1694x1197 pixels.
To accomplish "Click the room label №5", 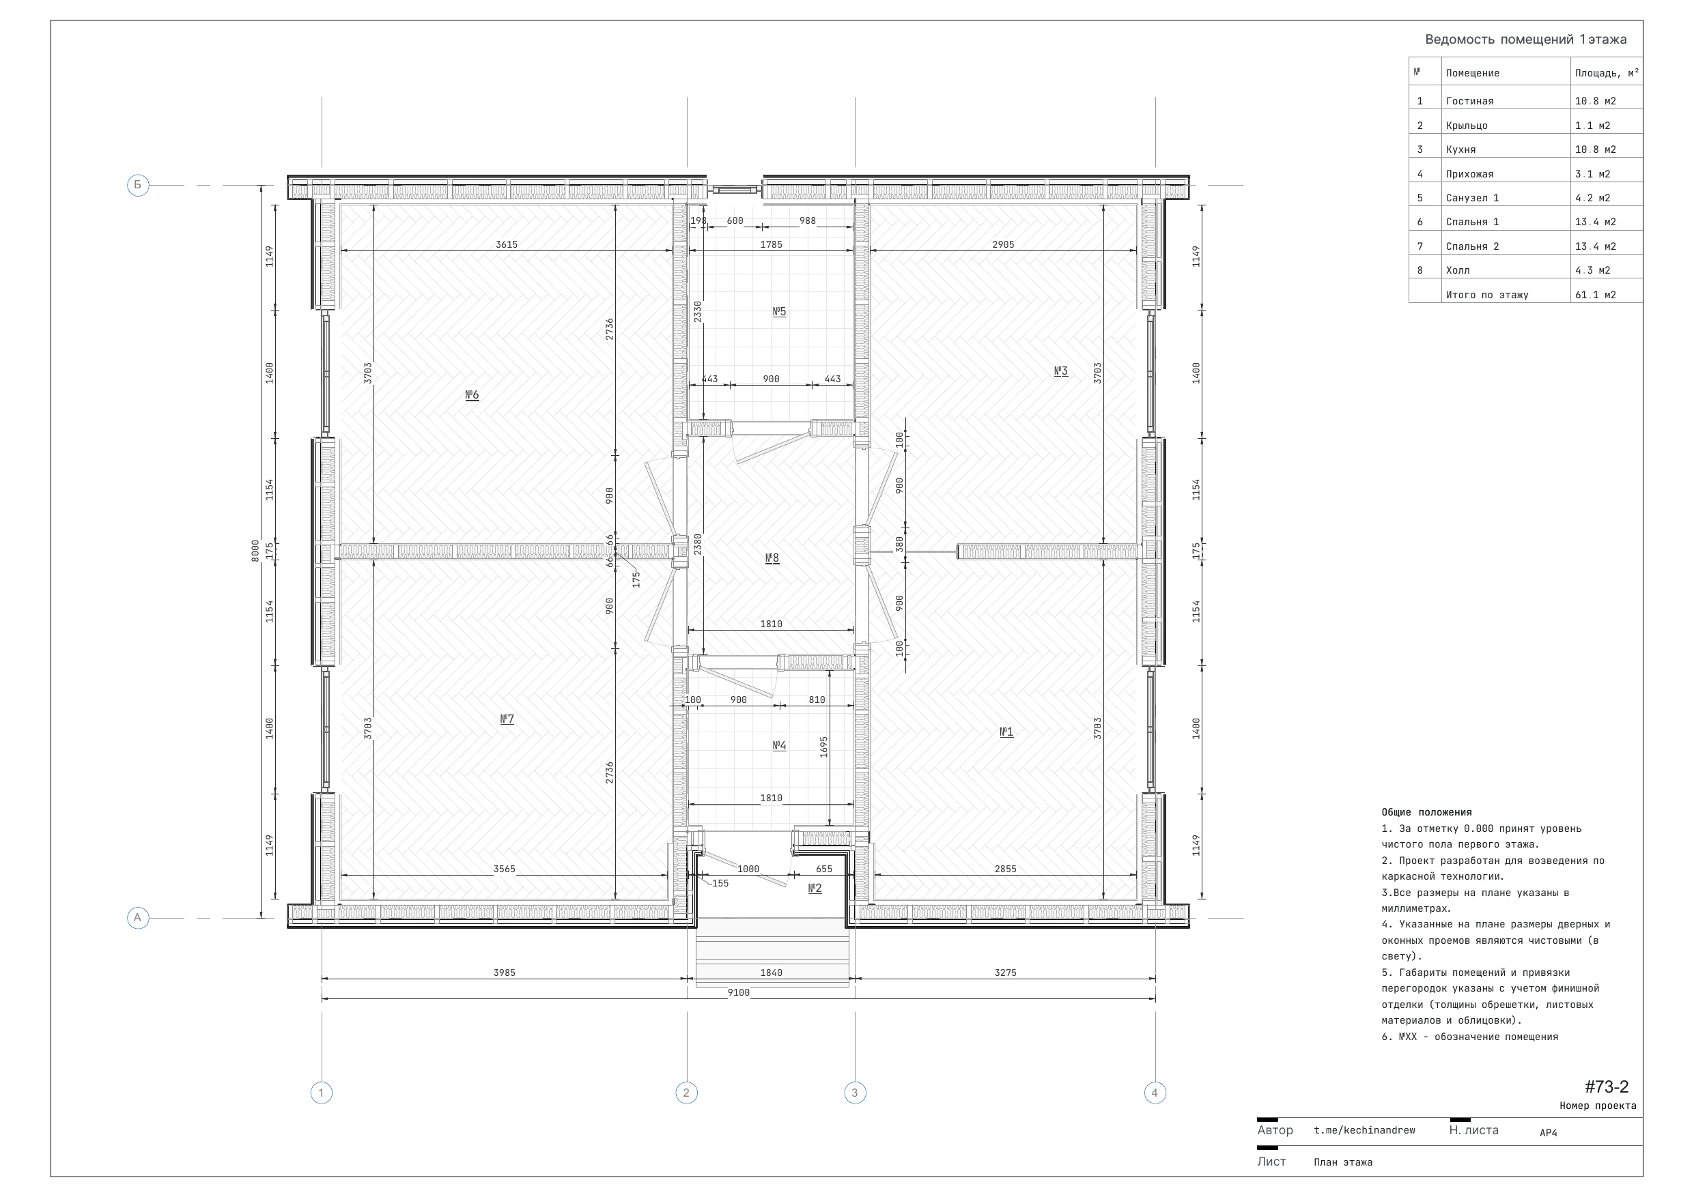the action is click(x=779, y=311).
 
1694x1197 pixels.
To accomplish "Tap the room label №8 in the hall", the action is click(x=772, y=558).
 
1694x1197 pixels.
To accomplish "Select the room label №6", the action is click(x=472, y=395).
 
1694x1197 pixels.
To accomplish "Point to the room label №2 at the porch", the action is click(x=815, y=888).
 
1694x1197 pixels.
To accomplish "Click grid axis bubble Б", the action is click(x=138, y=185).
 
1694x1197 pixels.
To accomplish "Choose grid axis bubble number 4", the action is click(x=1155, y=1093).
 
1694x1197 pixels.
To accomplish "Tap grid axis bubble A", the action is click(x=138, y=918).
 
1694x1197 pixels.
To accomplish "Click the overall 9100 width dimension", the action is click(x=739, y=993).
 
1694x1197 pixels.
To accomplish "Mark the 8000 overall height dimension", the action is click(x=255, y=551).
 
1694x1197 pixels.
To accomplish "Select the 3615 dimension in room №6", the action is click(x=506, y=245).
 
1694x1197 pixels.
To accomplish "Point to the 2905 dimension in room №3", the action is click(x=1003, y=245).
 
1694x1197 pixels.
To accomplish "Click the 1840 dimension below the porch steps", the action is click(x=771, y=972).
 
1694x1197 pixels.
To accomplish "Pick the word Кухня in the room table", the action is click(x=1461, y=149).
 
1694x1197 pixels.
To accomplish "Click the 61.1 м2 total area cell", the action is click(x=1595, y=295).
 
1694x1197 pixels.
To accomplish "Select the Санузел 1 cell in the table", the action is click(x=1473, y=198).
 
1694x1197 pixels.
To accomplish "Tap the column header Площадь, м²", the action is click(x=1607, y=73).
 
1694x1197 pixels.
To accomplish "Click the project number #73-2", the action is click(x=1606, y=1086).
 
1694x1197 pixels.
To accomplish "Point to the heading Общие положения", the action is click(x=1426, y=812).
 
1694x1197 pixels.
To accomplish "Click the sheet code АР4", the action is click(x=1548, y=1133).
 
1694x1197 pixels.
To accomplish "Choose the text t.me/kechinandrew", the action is click(x=1364, y=1130).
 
